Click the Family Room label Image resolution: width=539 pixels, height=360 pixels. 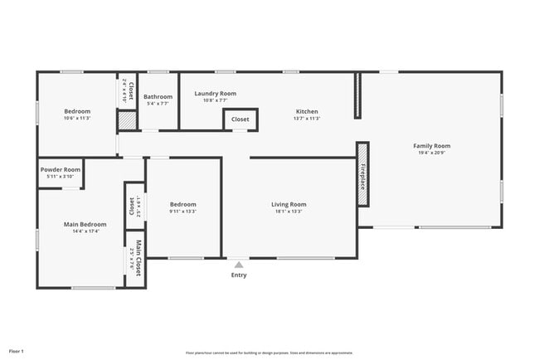pos(431,146)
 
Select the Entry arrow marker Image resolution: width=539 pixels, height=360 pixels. pos(239,265)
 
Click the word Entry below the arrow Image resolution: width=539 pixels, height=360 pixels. pos(239,275)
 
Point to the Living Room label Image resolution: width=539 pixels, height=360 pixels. pos(289,204)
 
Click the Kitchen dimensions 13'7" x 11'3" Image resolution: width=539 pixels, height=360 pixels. pos(307,119)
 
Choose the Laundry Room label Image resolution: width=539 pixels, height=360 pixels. pos(216,94)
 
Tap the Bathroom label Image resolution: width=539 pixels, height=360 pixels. pos(158,97)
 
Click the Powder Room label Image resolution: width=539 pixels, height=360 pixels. pos(60,169)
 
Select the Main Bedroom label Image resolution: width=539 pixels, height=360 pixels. pos(85,224)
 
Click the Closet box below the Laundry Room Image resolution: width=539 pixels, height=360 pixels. pos(240,119)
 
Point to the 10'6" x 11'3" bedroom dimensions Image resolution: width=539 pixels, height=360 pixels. pos(77,118)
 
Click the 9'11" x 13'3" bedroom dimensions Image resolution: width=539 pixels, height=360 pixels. pos(183,211)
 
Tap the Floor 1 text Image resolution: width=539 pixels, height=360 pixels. pos(17,351)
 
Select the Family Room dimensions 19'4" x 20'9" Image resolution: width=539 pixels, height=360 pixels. pos(431,153)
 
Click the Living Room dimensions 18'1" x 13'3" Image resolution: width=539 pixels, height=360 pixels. pos(289,211)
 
